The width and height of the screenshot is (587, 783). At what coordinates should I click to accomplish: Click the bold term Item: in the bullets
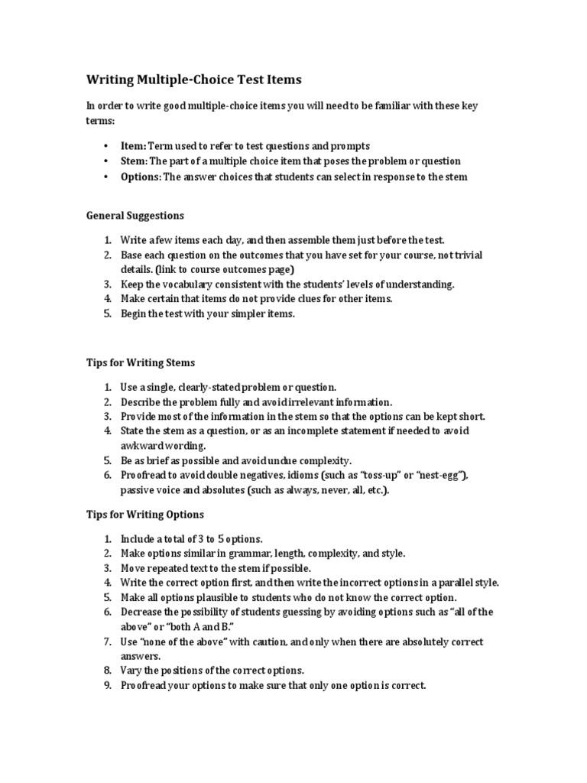[133, 145]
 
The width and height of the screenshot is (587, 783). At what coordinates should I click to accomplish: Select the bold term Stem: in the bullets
[135, 161]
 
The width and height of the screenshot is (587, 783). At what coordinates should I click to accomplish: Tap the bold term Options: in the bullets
[141, 177]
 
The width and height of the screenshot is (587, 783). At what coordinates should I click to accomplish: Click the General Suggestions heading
[135, 216]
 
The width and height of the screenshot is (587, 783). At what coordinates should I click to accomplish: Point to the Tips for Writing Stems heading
[141, 362]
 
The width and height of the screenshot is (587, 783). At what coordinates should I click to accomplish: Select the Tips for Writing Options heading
[144, 515]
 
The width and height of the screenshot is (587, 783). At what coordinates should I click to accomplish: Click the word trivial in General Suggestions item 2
[467, 255]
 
